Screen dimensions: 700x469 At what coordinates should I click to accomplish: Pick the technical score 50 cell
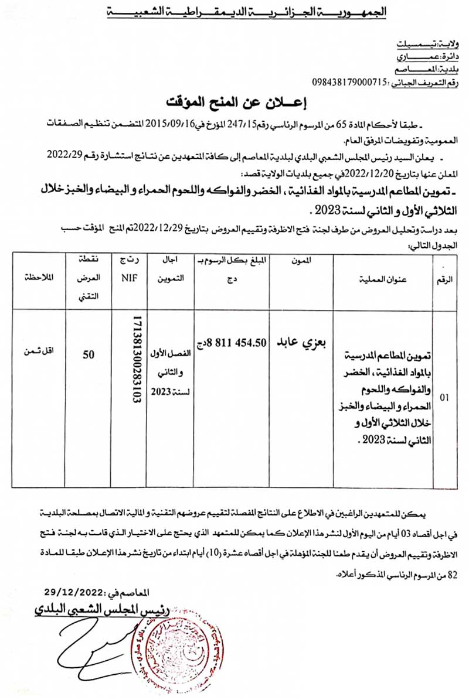pyautogui.click(x=89, y=354)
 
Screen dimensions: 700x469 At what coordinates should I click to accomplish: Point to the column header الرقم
pyautogui.click(x=444, y=279)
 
